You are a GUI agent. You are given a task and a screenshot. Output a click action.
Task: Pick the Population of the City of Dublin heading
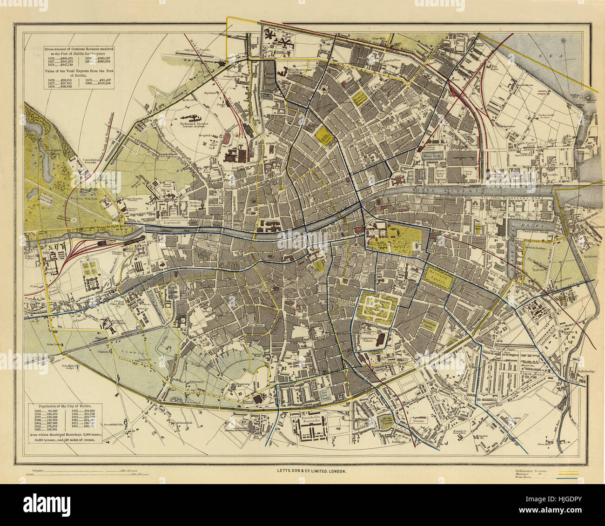tap(65, 406)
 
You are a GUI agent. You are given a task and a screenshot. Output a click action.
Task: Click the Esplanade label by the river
tap(171, 223)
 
